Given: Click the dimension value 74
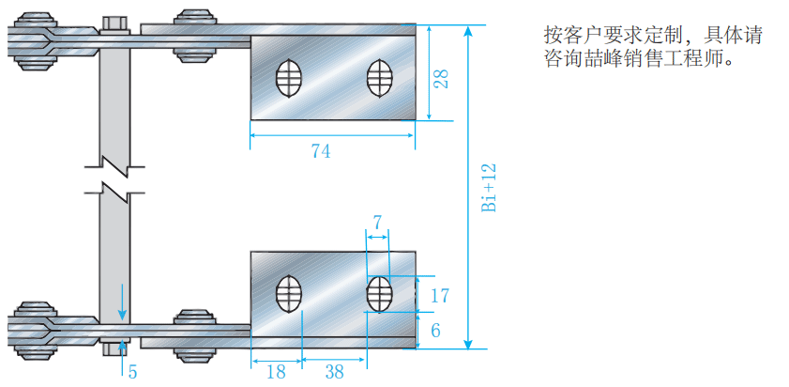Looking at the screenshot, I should (321, 151).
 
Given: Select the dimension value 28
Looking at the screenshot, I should (441, 78).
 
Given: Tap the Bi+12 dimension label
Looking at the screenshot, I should (488, 188).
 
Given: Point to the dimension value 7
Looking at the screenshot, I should (377, 223).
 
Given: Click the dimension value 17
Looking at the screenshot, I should (439, 296).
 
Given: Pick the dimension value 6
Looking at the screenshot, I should (435, 329).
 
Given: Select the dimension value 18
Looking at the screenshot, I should (276, 372).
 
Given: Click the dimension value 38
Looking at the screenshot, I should (334, 372).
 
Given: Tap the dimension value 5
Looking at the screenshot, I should (132, 372).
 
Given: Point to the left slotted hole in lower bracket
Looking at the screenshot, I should (290, 294).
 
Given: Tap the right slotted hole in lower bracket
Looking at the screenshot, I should (378, 294).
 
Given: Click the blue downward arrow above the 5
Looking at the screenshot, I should (121, 302).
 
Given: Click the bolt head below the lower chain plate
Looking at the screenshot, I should (114, 348).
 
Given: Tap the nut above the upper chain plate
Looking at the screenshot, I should (114, 23).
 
